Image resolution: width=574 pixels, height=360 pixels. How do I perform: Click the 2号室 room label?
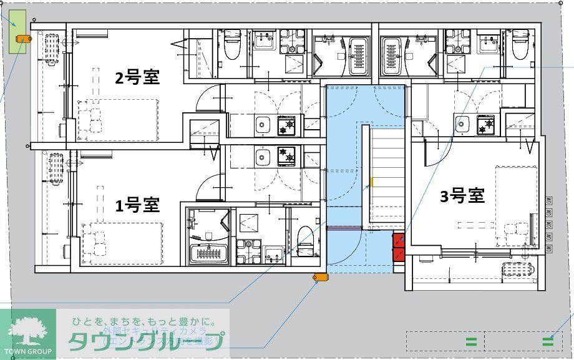(137, 77)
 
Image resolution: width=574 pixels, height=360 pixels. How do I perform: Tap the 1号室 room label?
(137, 205)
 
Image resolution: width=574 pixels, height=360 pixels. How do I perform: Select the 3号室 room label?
(462, 196)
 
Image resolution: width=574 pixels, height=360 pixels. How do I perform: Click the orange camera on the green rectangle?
(23, 39)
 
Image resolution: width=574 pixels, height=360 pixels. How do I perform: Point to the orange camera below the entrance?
(319, 277)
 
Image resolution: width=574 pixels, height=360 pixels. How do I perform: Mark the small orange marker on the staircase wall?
(372, 182)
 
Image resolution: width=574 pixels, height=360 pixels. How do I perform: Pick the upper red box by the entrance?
(398, 240)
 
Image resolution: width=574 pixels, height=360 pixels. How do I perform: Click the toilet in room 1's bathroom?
(304, 239)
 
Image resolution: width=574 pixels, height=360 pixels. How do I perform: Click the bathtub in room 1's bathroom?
(209, 252)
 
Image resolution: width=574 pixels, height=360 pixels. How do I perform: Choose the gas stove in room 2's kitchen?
(287, 127)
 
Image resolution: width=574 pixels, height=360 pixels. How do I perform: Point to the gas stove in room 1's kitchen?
(287, 155)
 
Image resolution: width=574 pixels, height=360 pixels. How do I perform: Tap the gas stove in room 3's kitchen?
(485, 125)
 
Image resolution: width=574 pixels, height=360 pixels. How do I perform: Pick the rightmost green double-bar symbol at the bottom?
(548, 341)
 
